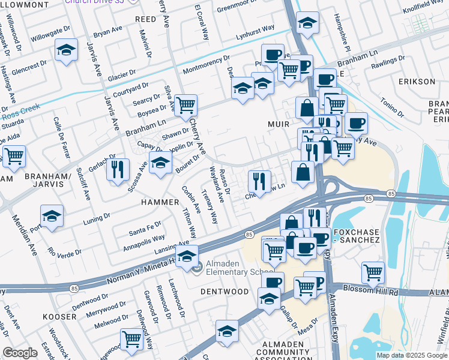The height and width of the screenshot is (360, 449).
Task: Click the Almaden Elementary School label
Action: (231, 268)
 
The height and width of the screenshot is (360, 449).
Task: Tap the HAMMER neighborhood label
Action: (160, 202)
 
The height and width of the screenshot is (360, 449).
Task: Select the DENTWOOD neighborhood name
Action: (225, 292)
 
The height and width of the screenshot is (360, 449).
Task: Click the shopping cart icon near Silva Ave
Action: (186, 106)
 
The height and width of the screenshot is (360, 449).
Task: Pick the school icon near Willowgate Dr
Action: (66, 50)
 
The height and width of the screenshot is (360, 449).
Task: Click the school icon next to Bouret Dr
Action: (160, 163)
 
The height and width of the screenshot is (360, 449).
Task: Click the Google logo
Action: (20, 353)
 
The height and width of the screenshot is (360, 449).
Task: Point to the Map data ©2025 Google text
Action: (411, 355)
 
